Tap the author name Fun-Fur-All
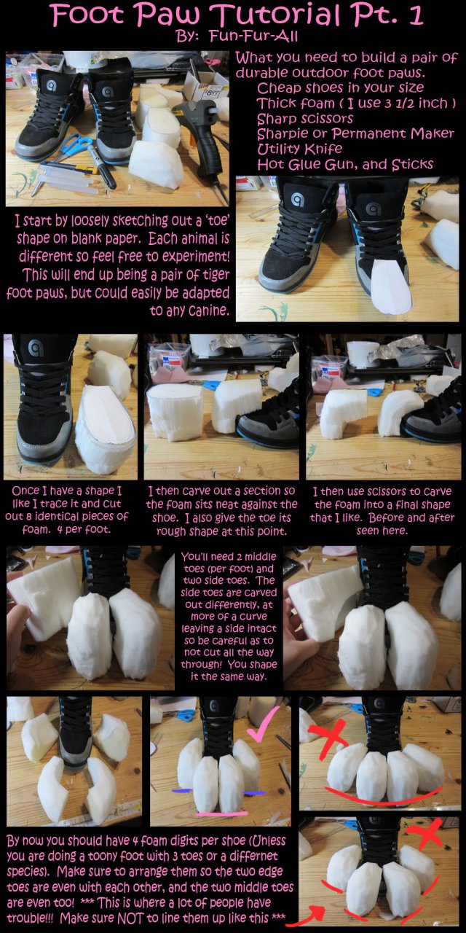point(253,36)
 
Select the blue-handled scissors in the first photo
point(74,147)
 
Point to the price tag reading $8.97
point(211,93)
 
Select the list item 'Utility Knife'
point(299,149)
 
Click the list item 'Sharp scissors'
point(305,118)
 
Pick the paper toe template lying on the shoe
point(392,287)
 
